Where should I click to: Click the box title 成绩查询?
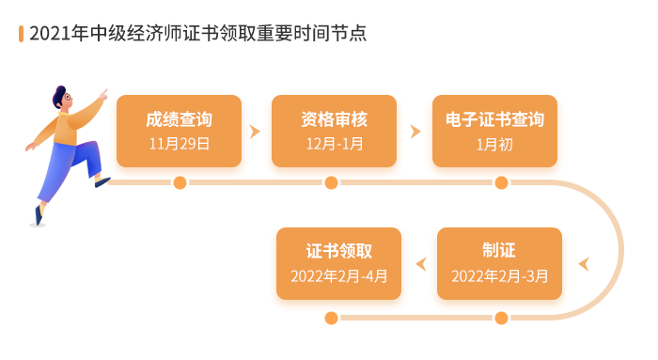(x=179, y=120)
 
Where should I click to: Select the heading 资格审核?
(x=334, y=120)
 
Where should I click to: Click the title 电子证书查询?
(x=494, y=120)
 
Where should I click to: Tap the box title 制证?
(x=499, y=252)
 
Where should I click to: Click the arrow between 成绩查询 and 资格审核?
(x=254, y=132)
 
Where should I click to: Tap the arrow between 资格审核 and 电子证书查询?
(x=415, y=132)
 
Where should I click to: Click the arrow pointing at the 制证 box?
(x=584, y=264)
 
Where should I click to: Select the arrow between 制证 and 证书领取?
(x=420, y=264)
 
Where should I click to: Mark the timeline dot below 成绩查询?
(x=180, y=182)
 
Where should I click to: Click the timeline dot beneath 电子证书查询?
(x=501, y=182)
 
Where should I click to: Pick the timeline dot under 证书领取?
(x=331, y=318)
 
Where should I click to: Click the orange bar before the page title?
(x=22, y=34)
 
